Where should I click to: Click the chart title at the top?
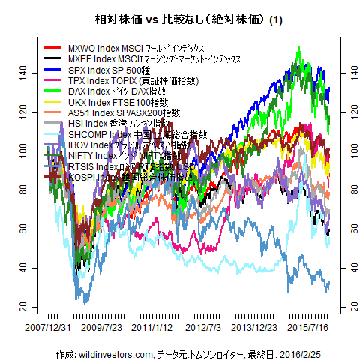180,19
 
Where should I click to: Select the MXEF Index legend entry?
154,58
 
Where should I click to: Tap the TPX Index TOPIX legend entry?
132,79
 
